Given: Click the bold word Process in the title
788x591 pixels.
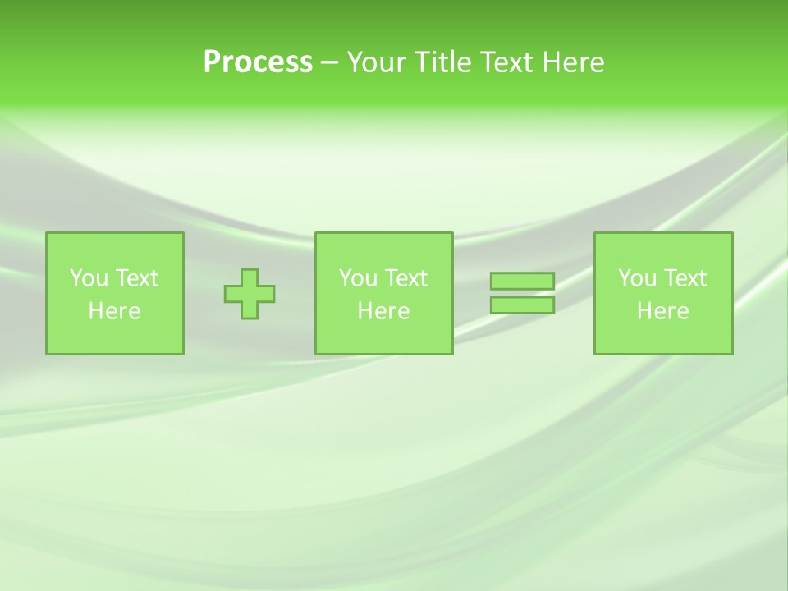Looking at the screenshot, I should (x=258, y=62).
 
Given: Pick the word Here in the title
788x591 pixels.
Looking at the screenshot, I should (x=573, y=62).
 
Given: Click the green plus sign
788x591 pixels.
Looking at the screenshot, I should (x=250, y=293).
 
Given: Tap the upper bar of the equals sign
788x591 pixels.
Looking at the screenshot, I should (x=522, y=282).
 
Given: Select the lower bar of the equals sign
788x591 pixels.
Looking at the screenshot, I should (x=522, y=305).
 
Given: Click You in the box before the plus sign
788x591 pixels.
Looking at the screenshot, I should (x=89, y=278).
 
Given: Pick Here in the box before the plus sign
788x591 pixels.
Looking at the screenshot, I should (x=114, y=311).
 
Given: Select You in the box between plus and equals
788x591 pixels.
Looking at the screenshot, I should (x=358, y=278).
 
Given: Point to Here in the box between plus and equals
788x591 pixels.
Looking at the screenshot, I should (x=383, y=311).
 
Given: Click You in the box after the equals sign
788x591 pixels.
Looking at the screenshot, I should (x=637, y=278).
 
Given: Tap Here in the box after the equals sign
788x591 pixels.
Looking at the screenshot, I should (x=662, y=311).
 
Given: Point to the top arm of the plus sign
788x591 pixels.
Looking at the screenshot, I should (x=250, y=276).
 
